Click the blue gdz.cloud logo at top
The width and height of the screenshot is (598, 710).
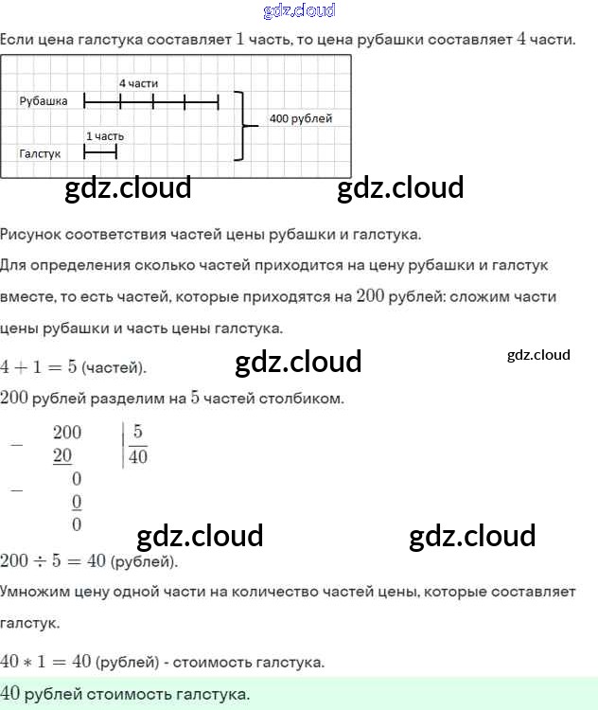pos(299,11)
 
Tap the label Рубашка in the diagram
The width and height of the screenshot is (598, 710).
pos(44,101)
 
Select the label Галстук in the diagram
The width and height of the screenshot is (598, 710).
pos(40,152)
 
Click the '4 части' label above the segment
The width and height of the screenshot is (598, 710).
pos(138,83)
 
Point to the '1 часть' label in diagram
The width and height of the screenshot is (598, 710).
pos(104,135)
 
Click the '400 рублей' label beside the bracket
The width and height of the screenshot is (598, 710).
pos(300,118)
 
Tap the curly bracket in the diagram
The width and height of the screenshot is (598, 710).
pos(243,125)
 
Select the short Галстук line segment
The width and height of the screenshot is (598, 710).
pos(100,151)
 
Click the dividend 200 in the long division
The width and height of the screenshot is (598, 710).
pos(67,433)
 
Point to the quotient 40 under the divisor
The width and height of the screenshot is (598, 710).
pos(138,456)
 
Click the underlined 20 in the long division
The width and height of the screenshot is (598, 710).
pos(62,456)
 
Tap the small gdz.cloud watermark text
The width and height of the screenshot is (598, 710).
pos(538,355)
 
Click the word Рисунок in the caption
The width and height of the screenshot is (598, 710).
pos(28,233)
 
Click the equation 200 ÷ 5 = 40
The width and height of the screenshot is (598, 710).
pos(53,560)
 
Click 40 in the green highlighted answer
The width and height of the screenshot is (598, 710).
pos(11,693)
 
